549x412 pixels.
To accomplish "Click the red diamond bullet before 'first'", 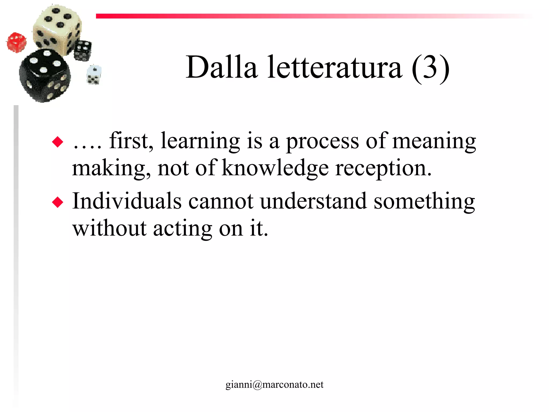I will pos(58,142).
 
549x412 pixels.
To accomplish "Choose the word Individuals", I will pos(127,201).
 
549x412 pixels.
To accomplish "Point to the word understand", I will pos(313,201).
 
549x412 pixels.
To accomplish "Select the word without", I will pos(109,229).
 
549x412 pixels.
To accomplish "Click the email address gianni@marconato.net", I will pos(274,385).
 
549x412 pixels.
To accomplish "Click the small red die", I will pos(17,42).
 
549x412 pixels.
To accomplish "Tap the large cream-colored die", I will pos(57,28).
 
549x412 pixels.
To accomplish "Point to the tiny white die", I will pos(94,74).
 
